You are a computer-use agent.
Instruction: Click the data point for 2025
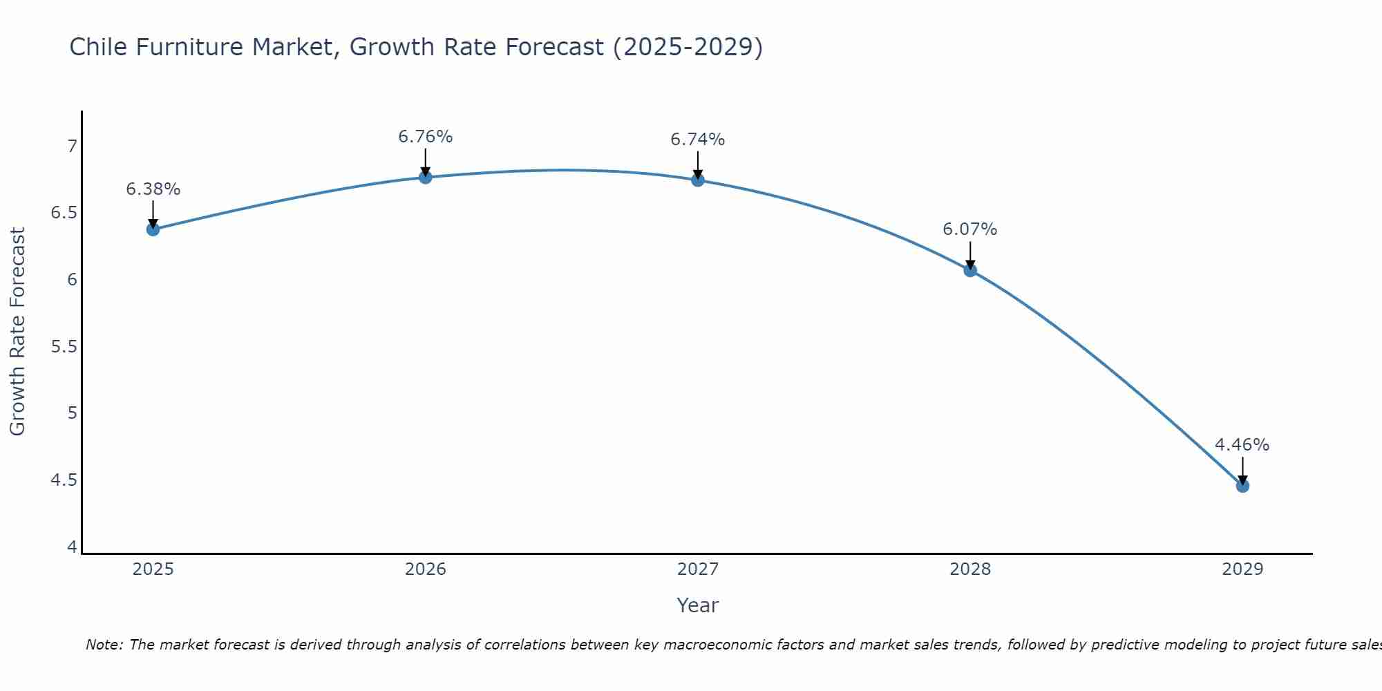(x=153, y=229)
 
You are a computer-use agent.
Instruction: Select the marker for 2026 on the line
(x=426, y=178)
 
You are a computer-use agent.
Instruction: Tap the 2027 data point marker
(x=698, y=180)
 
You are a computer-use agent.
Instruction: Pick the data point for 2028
(x=970, y=270)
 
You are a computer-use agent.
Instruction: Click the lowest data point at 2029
(x=1242, y=486)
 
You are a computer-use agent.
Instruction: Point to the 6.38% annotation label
(x=153, y=189)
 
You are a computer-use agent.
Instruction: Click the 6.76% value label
(x=426, y=137)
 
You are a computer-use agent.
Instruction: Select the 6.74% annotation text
(x=698, y=140)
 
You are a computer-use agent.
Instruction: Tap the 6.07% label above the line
(x=970, y=229)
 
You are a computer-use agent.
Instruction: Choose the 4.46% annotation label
(x=1242, y=445)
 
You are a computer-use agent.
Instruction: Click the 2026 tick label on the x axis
(x=426, y=569)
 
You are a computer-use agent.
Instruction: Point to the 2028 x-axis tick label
(x=970, y=569)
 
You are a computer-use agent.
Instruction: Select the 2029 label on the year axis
(x=1242, y=569)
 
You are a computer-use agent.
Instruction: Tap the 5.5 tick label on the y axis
(x=64, y=347)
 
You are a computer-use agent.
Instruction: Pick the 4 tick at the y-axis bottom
(x=72, y=547)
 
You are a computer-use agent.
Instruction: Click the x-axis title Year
(x=698, y=605)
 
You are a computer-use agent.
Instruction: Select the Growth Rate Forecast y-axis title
(x=17, y=332)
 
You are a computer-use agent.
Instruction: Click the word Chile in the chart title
(x=98, y=47)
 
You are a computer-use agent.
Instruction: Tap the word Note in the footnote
(x=104, y=645)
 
